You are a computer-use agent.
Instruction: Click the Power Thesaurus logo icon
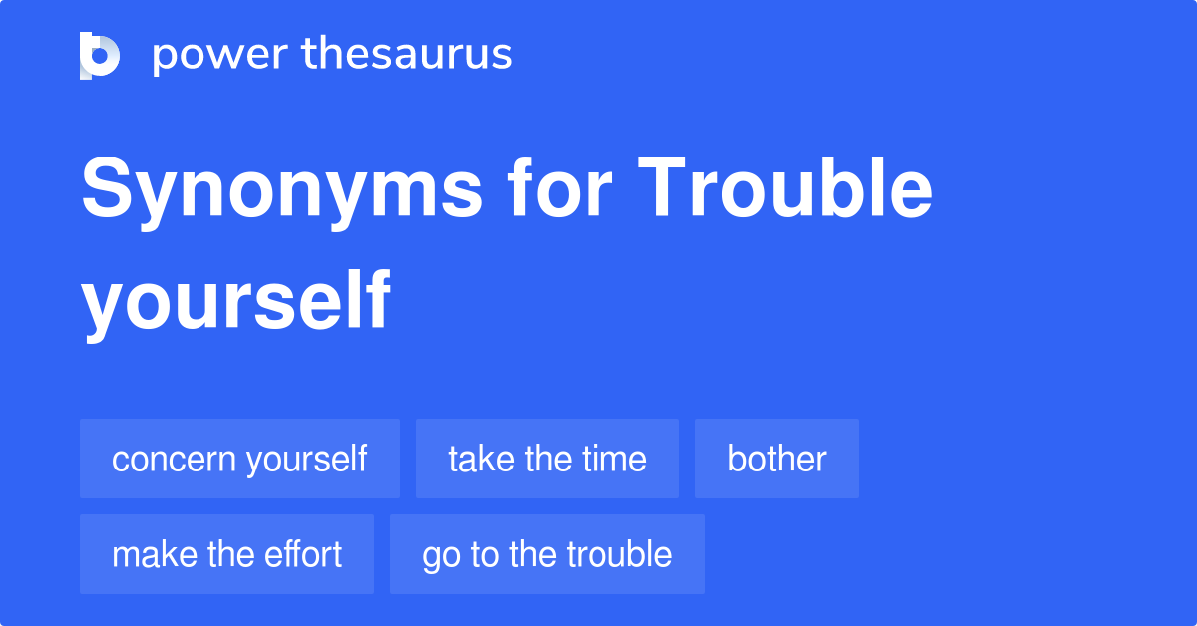point(100,56)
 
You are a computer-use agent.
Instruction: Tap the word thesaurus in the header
point(407,53)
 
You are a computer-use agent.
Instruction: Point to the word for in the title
point(559,187)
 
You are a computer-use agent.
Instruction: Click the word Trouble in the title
point(785,187)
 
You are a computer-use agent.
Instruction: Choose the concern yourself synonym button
point(240,459)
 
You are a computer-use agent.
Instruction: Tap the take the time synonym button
point(548,459)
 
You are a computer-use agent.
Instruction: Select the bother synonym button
point(776,459)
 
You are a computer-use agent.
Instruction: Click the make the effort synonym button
point(226,554)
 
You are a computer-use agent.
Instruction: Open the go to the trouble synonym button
point(548,554)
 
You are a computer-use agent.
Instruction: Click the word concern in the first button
point(174,460)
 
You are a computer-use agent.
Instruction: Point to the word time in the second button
point(614,459)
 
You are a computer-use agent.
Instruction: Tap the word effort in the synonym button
point(303,554)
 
